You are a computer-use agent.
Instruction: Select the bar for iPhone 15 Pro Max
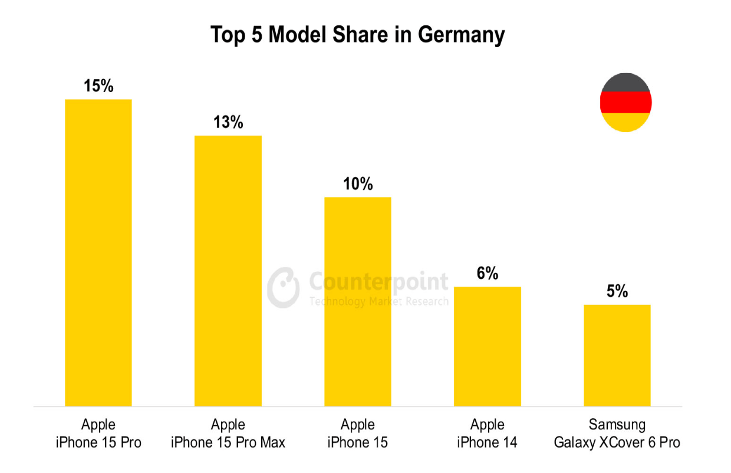coord(228,271)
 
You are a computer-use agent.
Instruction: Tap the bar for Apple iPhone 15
coord(358,301)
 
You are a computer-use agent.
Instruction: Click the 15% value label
coord(98,86)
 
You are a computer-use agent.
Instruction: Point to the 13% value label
coord(228,123)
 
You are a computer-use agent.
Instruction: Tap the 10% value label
coord(358,184)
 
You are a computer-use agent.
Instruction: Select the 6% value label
coord(488,274)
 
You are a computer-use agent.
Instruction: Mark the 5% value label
coord(617,291)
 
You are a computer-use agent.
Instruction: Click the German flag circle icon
coord(625,103)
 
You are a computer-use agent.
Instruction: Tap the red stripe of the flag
coord(625,103)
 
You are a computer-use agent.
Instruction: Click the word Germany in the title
coord(461,35)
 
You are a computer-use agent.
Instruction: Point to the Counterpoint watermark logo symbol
coord(284,287)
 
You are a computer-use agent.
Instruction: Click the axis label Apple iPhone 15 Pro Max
coord(228,433)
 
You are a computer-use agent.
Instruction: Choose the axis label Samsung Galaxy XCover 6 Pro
coord(617,433)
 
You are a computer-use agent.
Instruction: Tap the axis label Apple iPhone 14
coord(488,433)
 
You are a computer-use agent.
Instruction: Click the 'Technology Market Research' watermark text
coord(378,301)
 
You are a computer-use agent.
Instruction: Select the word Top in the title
coord(228,35)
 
